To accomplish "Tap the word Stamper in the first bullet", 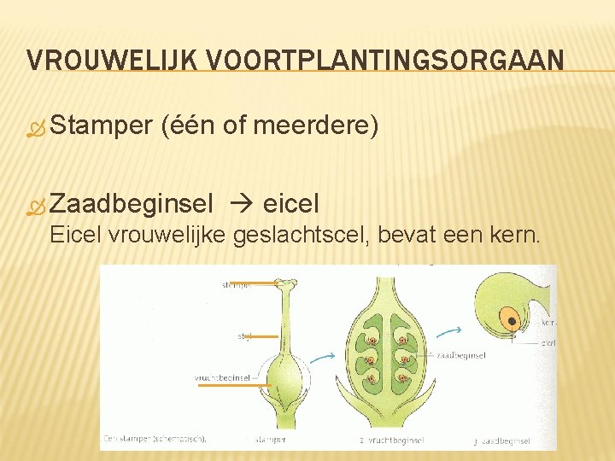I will [x=101, y=126].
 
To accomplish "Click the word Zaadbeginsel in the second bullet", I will [x=132, y=204].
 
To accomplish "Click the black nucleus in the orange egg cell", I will [x=512, y=322].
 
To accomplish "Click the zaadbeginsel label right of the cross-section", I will [x=461, y=355].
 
